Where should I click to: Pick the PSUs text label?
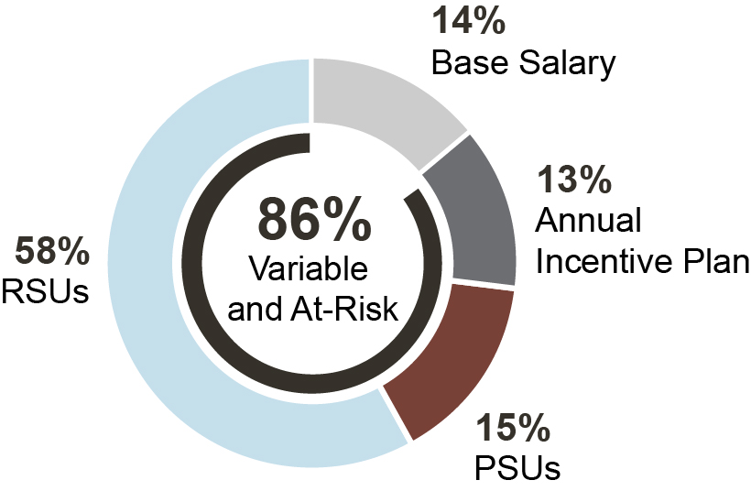point(517,468)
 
